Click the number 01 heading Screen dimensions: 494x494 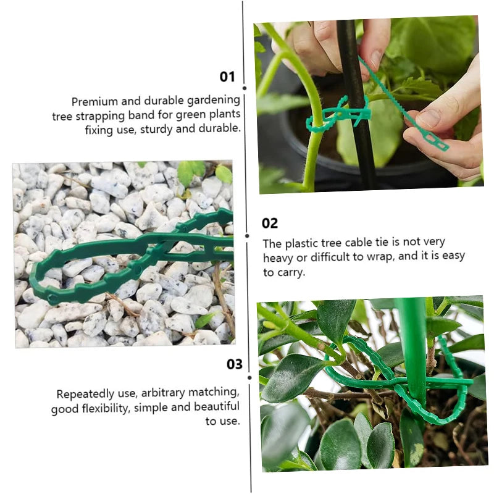click(228, 77)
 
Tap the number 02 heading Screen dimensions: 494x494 click(270, 223)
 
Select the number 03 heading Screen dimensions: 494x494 click(235, 364)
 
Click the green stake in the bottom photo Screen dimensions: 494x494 click(412, 346)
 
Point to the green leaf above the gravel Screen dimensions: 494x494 click(191, 172)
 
